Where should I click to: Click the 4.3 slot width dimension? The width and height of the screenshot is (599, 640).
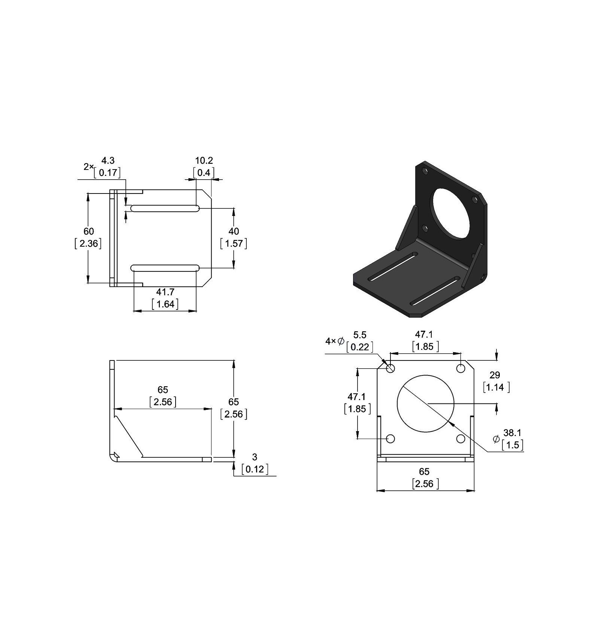pyautogui.click(x=108, y=161)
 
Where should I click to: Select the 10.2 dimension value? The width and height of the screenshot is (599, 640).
pyautogui.click(x=204, y=161)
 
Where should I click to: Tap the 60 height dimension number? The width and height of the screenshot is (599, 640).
pyautogui.click(x=89, y=231)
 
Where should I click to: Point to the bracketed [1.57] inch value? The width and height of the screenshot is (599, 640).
pyautogui.click(x=234, y=244)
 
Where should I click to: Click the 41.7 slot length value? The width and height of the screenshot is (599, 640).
pyautogui.click(x=165, y=292)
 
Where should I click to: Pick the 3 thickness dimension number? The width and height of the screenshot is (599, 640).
pyautogui.click(x=255, y=457)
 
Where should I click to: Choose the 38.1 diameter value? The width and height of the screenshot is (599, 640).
pyautogui.click(x=512, y=433)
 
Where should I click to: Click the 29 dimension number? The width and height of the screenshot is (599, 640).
pyautogui.click(x=495, y=375)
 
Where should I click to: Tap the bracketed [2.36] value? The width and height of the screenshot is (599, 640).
pyautogui.click(x=88, y=244)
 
